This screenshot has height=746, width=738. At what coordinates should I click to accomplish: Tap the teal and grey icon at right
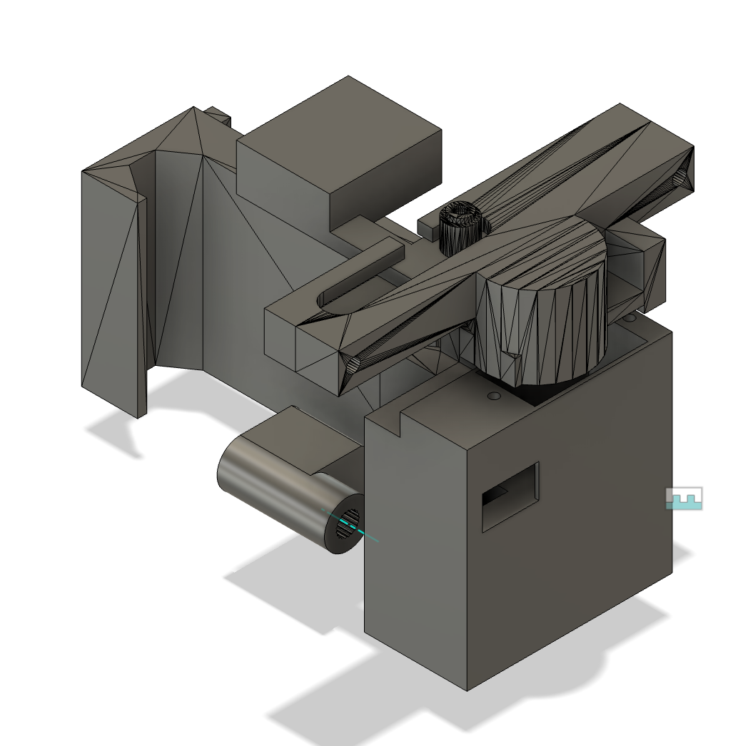point(684,498)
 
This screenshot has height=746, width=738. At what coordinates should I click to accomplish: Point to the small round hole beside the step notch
point(493,395)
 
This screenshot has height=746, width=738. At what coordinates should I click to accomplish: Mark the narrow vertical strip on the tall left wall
point(141,307)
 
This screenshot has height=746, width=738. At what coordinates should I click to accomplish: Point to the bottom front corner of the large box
point(467,689)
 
